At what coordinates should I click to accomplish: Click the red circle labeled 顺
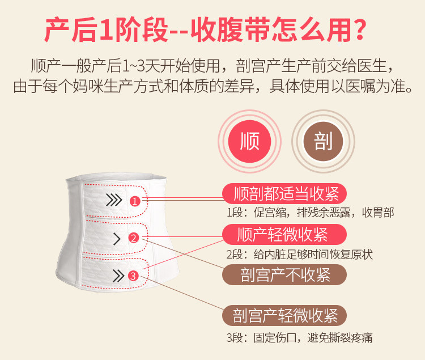[250, 141]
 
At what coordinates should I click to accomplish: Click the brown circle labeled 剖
[323, 141]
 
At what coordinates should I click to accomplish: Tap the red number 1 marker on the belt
[135, 201]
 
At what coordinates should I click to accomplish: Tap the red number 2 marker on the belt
[133, 238]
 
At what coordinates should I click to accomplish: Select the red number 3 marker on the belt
[133, 276]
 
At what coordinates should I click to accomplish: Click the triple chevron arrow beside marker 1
[114, 200]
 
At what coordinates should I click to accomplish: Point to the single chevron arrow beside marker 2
[117, 239]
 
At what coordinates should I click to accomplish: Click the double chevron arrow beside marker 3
[118, 276]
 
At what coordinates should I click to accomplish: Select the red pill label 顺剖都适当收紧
[284, 193]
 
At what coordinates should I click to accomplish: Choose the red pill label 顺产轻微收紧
[284, 235]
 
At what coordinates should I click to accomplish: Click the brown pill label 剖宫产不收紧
[284, 274]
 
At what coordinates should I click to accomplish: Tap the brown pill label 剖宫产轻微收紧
[284, 316]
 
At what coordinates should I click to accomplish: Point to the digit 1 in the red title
[106, 29]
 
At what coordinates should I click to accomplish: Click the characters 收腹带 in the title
[231, 29]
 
